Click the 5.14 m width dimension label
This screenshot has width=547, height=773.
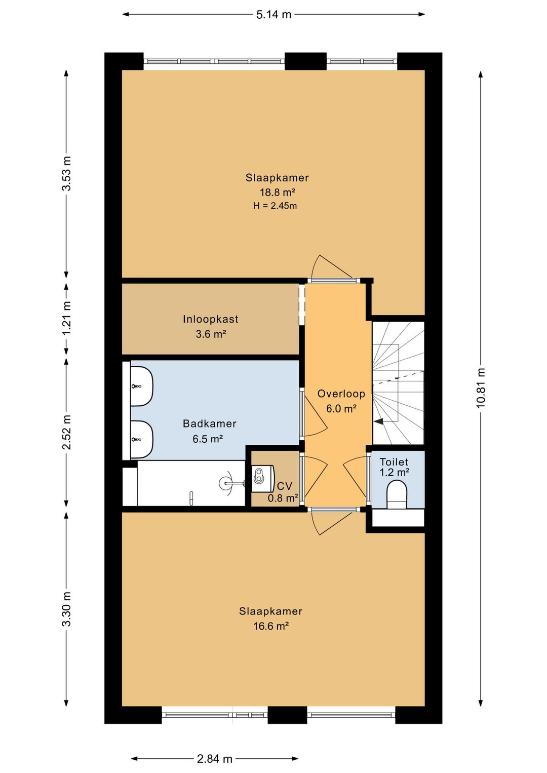[273, 15]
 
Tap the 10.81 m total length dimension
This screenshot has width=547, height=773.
[481, 388]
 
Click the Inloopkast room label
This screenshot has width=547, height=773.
[211, 319]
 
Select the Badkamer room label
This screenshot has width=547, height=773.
[210, 423]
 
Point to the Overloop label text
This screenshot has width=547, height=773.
[341, 394]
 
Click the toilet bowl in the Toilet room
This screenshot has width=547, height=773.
[397, 495]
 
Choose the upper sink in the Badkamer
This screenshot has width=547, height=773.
[142, 386]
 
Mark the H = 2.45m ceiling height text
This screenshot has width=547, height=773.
[275, 206]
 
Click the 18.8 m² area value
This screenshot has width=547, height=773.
[278, 192]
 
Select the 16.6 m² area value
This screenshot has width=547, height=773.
[271, 626]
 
